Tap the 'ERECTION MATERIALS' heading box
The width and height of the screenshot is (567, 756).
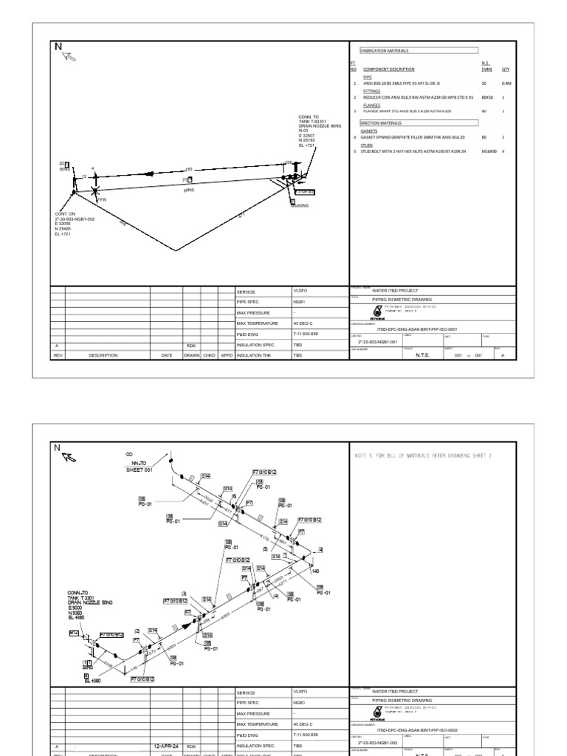(x=380, y=123)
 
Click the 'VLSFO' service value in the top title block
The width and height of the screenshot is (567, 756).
(x=300, y=292)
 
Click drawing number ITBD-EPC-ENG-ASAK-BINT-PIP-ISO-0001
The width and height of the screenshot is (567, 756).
(x=417, y=330)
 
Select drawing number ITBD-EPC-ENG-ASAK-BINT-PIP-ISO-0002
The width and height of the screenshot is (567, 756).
(x=417, y=729)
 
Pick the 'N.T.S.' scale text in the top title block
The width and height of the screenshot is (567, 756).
(x=414, y=354)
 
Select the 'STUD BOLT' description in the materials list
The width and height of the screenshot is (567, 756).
(x=413, y=151)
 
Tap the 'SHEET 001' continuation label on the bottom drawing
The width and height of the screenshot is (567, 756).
(x=139, y=468)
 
